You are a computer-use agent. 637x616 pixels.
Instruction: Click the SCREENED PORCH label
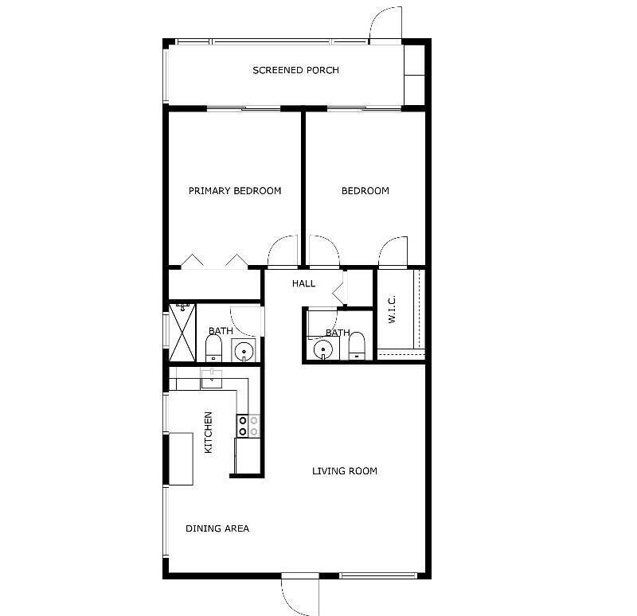(x=295, y=70)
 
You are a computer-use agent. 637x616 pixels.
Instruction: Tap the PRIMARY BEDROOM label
(x=235, y=191)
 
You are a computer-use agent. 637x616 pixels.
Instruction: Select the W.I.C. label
(x=392, y=310)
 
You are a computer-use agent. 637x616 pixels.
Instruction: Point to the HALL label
(x=303, y=283)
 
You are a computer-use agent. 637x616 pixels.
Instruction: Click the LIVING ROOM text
(x=345, y=471)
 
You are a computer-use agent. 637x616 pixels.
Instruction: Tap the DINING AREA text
(x=217, y=528)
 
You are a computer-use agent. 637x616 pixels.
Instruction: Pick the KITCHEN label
(x=208, y=432)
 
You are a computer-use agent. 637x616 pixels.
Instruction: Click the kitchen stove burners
(x=248, y=426)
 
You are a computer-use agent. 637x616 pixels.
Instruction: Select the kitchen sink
(x=212, y=379)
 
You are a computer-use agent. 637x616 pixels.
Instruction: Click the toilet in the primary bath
(x=213, y=349)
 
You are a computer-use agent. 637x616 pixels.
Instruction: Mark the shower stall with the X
(x=182, y=332)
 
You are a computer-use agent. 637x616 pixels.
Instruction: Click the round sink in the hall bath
(x=323, y=349)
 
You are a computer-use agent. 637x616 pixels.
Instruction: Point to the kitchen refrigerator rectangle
(x=181, y=459)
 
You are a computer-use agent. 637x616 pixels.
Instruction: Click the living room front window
(x=378, y=575)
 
